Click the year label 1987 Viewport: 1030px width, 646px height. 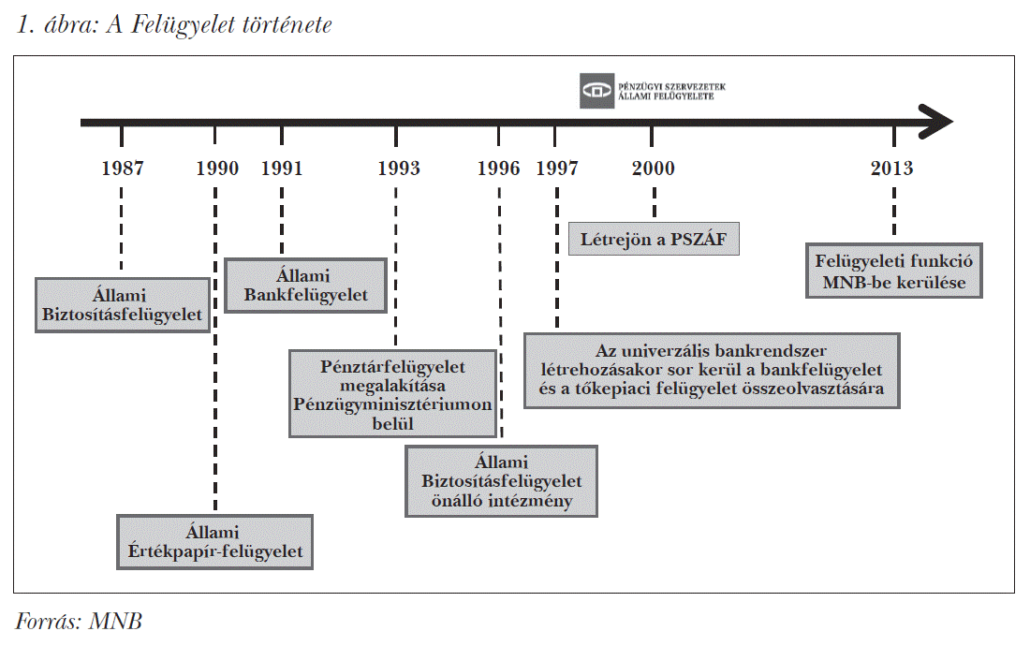[x=123, y=169]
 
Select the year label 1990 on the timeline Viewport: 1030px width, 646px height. [x=217, y=169]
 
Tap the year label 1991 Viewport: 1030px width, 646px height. [x=282, y=169]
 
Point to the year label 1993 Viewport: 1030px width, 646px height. [x=398, y=169]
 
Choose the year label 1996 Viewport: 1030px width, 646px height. [x=498, y=169]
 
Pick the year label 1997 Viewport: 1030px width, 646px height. [x=557, y=169]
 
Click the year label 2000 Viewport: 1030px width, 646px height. [x=653, y=169]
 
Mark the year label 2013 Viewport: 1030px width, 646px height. [x=891, y=169]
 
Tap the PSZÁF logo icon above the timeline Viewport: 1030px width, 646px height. [x=596, y=90]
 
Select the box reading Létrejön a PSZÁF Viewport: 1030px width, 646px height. [x=654, y=240]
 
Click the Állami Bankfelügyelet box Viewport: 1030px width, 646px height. [x=305, y=286]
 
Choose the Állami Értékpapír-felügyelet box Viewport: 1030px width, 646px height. [x=214, y=542]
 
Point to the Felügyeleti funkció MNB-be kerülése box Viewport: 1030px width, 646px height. [x=894, y=272]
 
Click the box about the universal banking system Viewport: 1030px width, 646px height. [x=712, y=370]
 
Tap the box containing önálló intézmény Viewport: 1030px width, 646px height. [x=501, y=481]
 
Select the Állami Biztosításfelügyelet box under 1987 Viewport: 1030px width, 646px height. [x=122, y=304]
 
